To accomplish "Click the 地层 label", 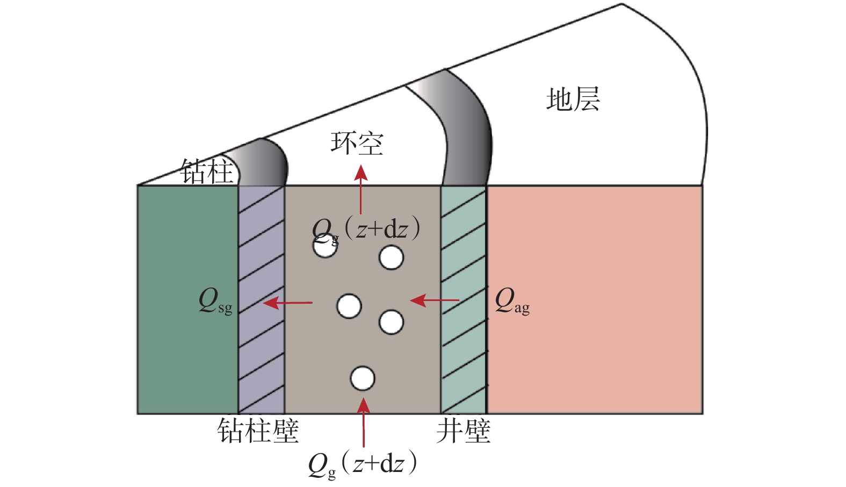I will pos(573,99).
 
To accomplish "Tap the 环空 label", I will pos(357,144).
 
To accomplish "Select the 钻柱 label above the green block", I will pos(206,171).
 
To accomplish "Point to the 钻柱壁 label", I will pos(258,431).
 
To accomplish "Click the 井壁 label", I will pos(464,431).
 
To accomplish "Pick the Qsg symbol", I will pos(215,301).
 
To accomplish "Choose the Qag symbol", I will pos(512,301).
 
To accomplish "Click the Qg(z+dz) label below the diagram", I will pos(363,463).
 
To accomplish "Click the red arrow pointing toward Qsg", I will pos(287,303).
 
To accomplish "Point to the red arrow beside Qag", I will pos(435,300).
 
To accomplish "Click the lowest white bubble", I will pos(363,378).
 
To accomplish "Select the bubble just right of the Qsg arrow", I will pos(349,306).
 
